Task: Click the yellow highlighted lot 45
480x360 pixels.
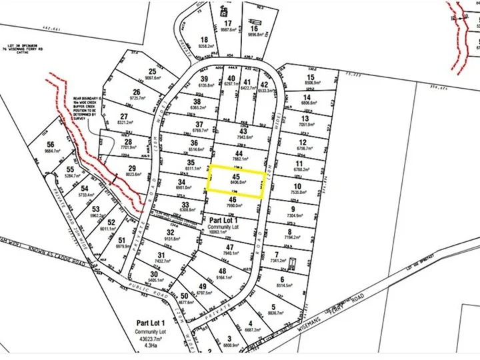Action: pos(235,180)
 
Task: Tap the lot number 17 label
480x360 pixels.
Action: pos(228,23)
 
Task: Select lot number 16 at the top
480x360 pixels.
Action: pos(254,29)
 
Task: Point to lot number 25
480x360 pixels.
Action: pos(153,71)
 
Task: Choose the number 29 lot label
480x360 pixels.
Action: pos(132,168)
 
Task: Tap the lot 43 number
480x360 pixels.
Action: pos(242,132)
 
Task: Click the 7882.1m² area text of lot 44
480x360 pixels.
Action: pos(238,159)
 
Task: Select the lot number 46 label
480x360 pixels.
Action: pos(232,199)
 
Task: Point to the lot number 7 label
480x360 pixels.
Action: pos(276,255)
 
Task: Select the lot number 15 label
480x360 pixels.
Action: pos(311,78)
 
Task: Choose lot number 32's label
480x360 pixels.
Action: pos(171,232)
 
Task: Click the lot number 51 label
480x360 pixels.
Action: pos(121,241)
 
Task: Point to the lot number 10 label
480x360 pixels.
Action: pos(298,186)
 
